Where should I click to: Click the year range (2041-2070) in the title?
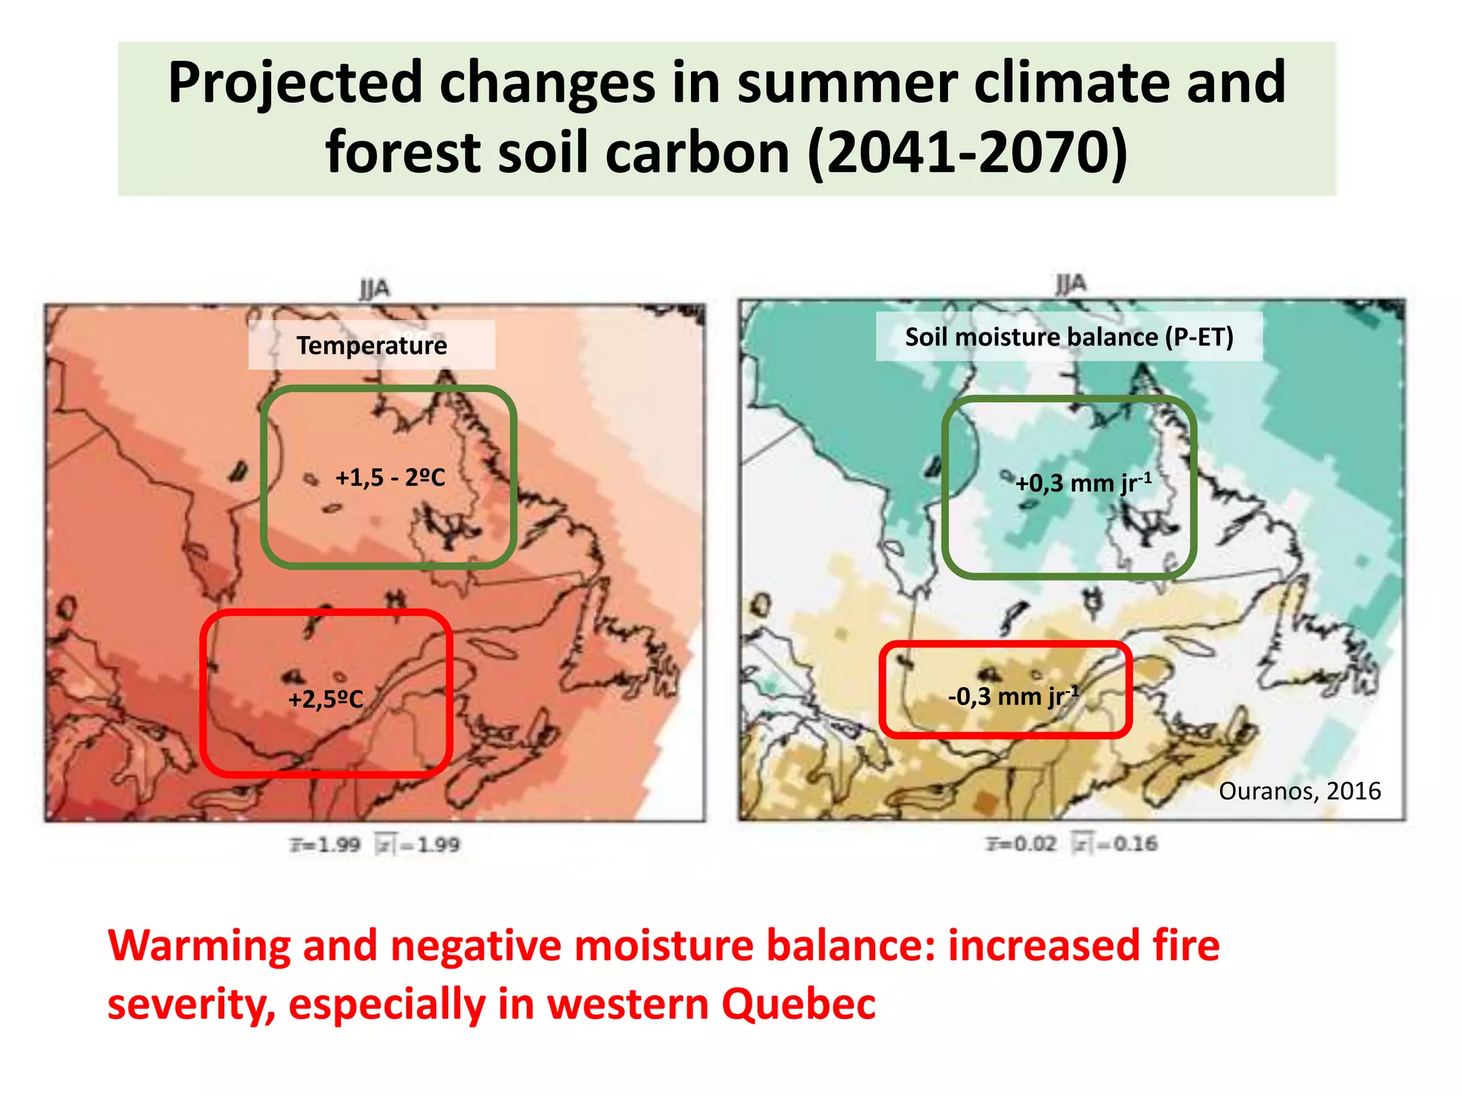(968, 152)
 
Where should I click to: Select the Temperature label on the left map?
(371, 345)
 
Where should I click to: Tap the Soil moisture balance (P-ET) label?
(1069, 337)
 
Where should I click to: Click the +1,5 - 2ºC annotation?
(390, 477)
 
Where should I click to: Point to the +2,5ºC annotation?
(326, 699)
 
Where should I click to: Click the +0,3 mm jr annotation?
(1083, 483)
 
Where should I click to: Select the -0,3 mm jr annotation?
(1012, 696)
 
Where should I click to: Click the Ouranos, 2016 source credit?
(1299, 791)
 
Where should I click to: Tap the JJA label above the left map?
(374, 289)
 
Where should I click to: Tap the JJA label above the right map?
(1071, 283)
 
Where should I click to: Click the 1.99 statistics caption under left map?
(375, 845)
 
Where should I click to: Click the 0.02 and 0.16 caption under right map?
(1072, 843)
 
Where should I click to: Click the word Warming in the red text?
(199, 946)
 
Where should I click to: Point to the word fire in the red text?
(1186, 946)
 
